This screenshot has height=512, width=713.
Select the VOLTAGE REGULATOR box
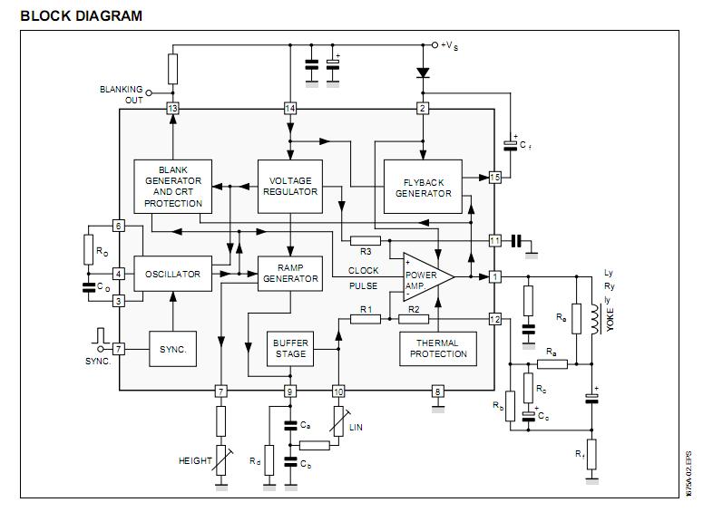pos(289,185)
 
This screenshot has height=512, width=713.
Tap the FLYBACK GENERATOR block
pos(423,187)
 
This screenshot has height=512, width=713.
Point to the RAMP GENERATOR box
pos(290,274)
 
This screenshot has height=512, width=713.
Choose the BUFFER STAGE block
pos(289,348)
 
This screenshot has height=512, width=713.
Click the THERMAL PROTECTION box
pos(438,348)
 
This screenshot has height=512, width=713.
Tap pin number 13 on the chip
pos(172,109)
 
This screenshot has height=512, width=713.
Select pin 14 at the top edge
pos(290,109)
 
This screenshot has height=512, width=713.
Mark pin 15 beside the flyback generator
pos(494,177)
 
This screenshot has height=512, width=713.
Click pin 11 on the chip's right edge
pos(494,240)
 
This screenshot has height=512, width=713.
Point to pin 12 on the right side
pos(494,319)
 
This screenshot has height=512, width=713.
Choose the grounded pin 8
pos(438,391)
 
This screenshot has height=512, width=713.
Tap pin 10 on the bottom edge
pos(338,391)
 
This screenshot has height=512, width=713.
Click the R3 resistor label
pos(366,252)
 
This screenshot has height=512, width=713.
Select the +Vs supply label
pos(451,45)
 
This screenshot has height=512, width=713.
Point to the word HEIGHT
pos(195,461)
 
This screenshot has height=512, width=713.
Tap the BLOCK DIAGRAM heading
pos(81,15)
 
